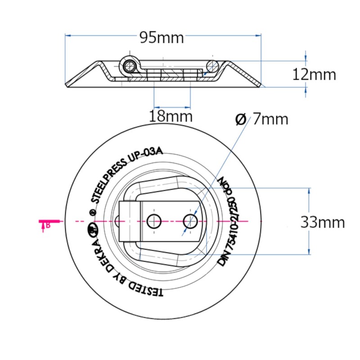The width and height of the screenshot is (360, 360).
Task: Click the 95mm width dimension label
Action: (x=162, y=38)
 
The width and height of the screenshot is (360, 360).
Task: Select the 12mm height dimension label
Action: (x=314, y=74)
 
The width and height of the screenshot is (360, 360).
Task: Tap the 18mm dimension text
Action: (x=171, y=117)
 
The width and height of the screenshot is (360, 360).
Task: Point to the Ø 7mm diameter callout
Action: (x=261, y=119)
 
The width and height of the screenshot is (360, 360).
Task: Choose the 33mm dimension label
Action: (x=322, y=222)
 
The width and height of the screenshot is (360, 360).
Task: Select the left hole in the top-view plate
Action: (x=154, y=221)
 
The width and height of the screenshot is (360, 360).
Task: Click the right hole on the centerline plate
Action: (x=190, y=220)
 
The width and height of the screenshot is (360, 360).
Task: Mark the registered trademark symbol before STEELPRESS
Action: (x=93, y=212)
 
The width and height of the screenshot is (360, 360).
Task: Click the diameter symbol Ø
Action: (x=241, y=119)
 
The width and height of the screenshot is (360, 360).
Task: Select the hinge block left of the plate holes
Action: (x=129, y=221)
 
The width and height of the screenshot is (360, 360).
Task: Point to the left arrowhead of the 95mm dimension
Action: (x=67, y=35)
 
